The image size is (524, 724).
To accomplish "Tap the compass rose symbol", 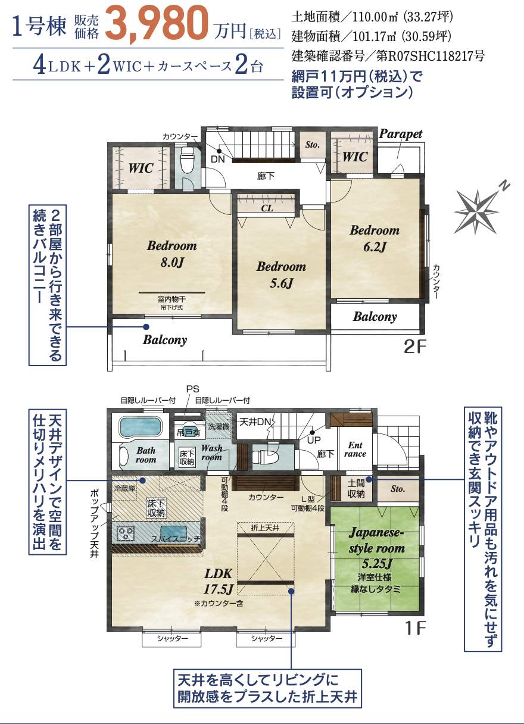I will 478,208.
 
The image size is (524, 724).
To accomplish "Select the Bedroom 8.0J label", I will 171,253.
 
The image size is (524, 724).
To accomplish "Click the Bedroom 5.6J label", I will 281,274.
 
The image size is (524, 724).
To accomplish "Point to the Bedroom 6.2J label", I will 374,238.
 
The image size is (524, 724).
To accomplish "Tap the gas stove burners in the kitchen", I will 126,533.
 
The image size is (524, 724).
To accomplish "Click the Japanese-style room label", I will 376,539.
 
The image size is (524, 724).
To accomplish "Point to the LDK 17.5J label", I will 219,581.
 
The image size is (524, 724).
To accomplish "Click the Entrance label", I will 355,450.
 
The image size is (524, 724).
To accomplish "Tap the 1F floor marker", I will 414,628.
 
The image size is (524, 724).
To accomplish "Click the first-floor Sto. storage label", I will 397,489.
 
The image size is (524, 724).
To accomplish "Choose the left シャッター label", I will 172,639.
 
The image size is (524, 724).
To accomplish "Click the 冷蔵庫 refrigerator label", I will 124,488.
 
